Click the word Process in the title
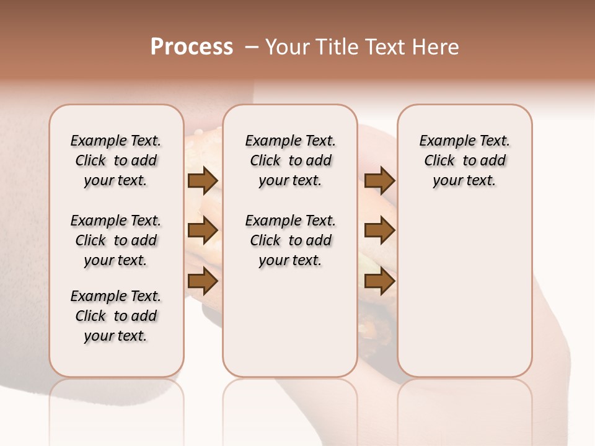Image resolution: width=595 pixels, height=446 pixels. point(192,47)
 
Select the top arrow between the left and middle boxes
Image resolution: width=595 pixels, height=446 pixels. point(202,180)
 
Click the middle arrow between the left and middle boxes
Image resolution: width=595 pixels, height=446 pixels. point(202,230)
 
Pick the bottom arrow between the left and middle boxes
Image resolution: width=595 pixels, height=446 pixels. point(202,281)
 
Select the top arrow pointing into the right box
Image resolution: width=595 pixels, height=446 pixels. point(379,180)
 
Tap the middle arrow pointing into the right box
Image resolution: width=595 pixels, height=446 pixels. point(379,230)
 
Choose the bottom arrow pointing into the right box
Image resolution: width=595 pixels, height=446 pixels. point(379,281)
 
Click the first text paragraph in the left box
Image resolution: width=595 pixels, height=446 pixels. point(116,160)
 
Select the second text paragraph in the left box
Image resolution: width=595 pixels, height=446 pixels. point(116,240)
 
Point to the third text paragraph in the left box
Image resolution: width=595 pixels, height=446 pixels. point(116,316)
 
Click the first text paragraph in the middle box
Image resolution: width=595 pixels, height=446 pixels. point(291,160)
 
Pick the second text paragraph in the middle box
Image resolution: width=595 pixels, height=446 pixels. point(291,240)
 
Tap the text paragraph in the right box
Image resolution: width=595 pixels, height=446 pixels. point(465,160)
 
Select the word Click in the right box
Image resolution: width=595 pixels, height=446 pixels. point(439,161)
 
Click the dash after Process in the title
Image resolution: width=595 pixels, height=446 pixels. point(252,47)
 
